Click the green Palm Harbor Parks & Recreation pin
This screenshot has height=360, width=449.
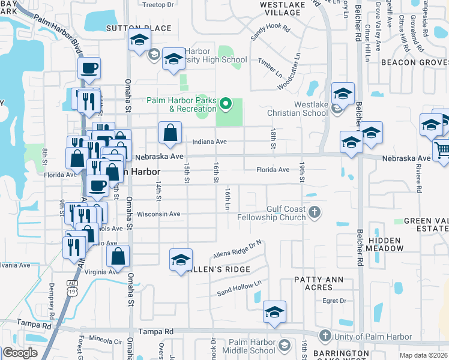click(x=226, y=104)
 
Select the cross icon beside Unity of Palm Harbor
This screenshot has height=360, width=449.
click(x=325, y=335)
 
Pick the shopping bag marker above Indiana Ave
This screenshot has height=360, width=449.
click(x=170, y=133)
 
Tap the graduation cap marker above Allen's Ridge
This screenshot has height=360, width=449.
click(x=181, y=260)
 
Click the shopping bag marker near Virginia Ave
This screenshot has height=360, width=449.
click(x=118, y=256)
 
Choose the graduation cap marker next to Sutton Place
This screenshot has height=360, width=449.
click(x=139, y=41)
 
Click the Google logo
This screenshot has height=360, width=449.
click(x=20, y=353)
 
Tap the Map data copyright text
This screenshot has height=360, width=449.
click(x=424, y=355)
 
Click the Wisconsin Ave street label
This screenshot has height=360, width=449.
click(x=158, y=214)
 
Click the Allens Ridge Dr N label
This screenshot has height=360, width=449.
click(x=239, y=248)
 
